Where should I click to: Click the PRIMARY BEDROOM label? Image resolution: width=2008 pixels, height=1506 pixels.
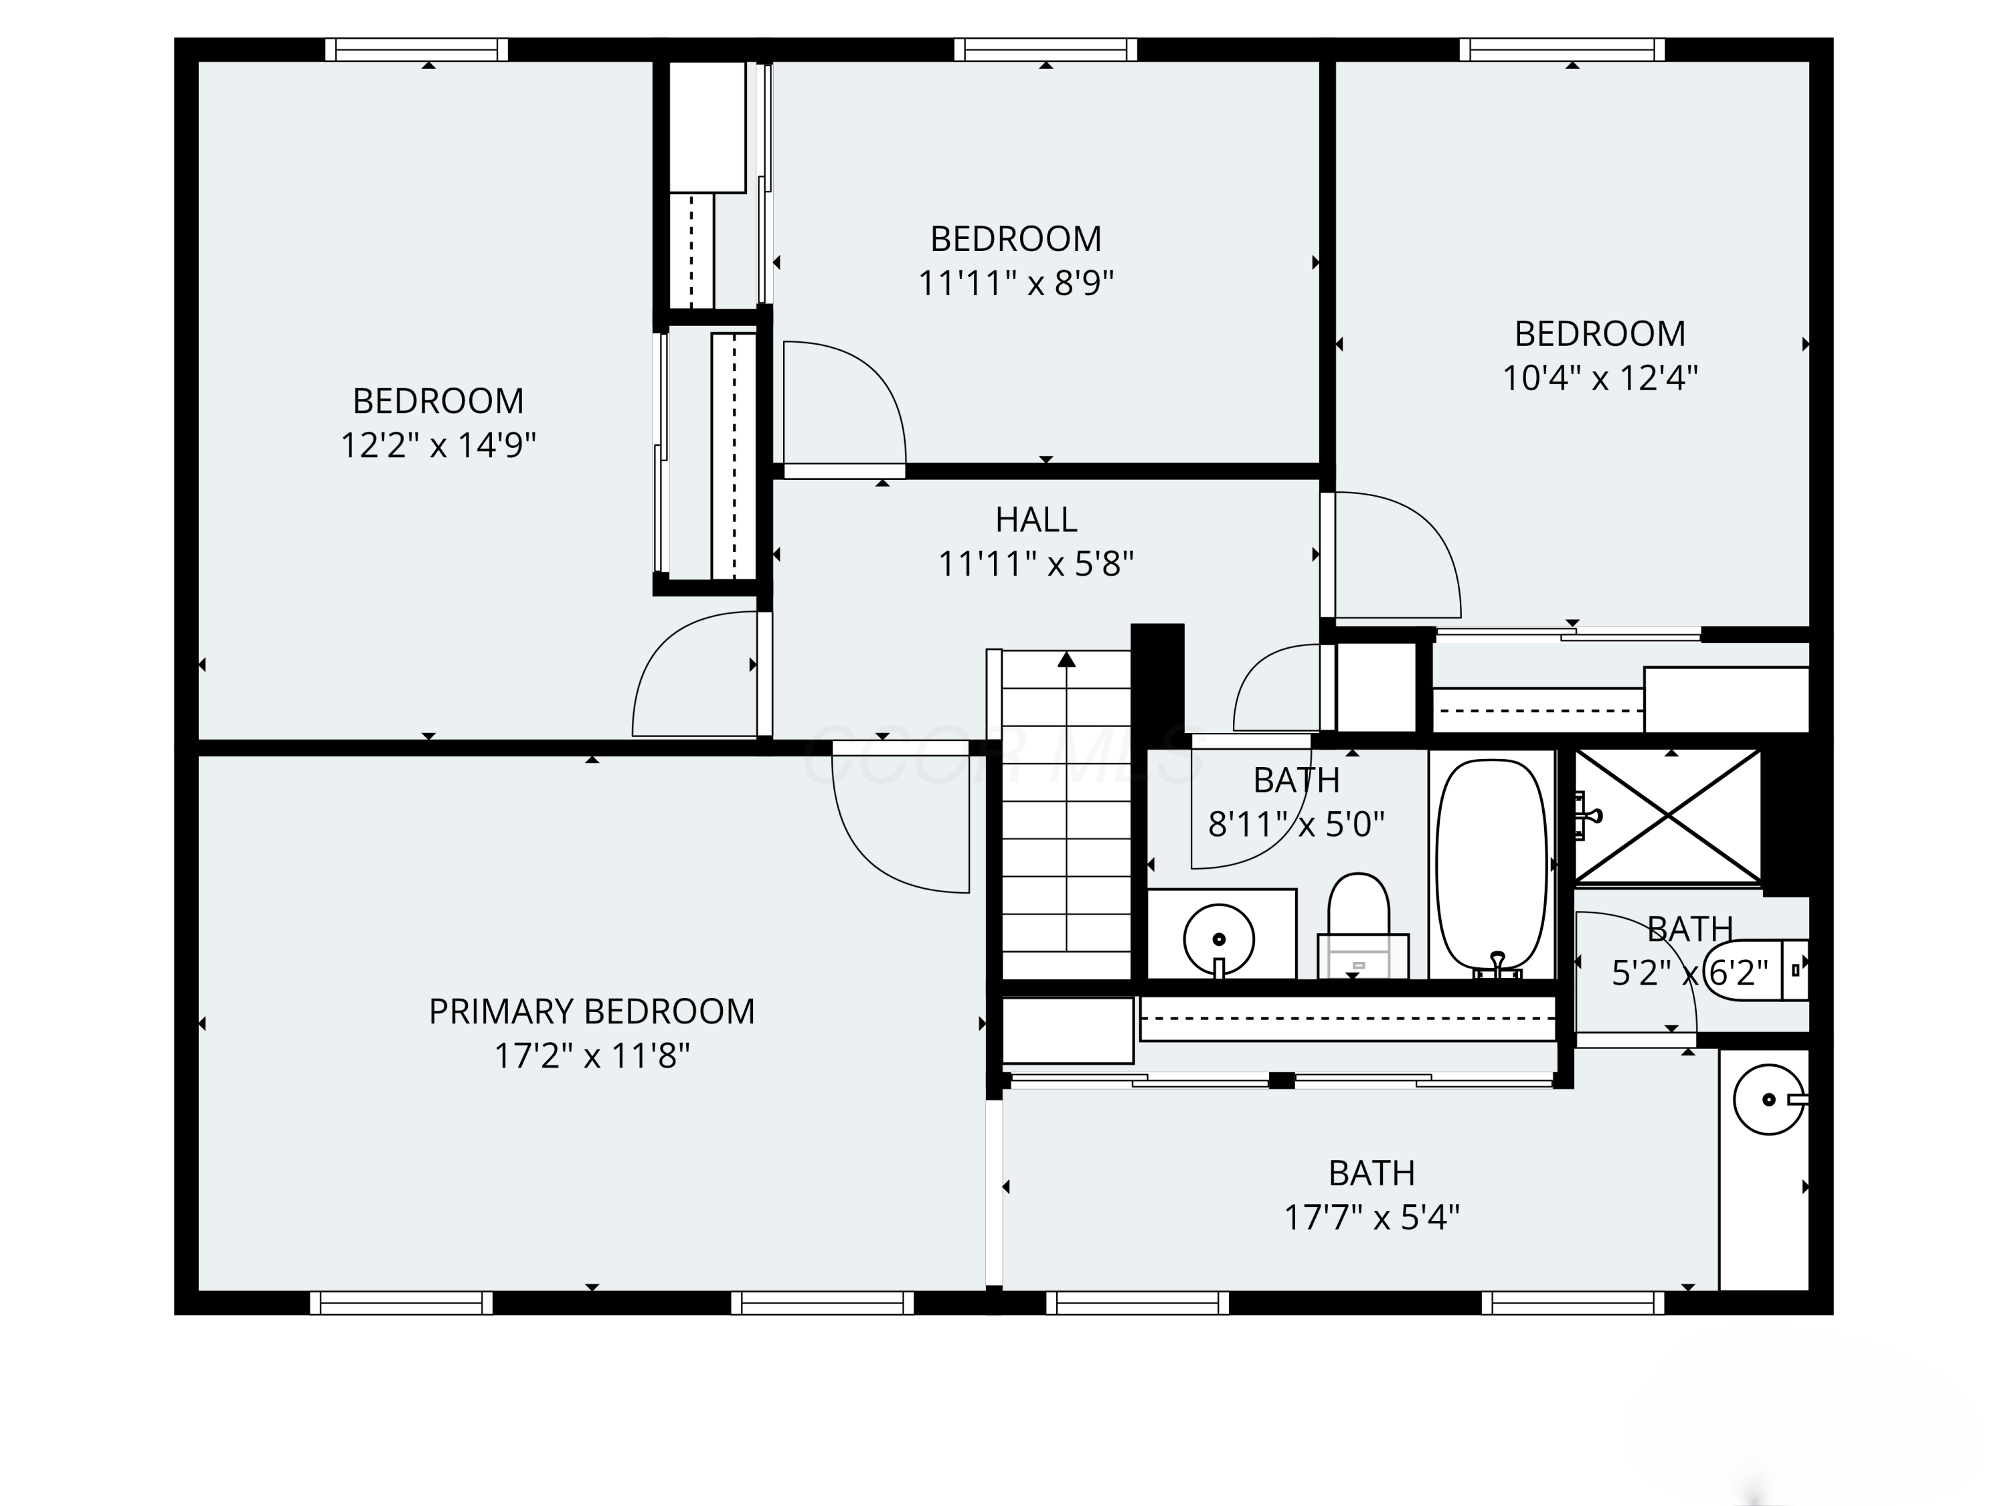pos(591,1011)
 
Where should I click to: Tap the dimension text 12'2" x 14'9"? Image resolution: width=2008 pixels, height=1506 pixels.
pos(438,446)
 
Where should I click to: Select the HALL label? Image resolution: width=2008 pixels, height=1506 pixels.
pos(1035,520)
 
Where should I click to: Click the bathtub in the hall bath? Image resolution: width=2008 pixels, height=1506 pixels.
pos(1491,865)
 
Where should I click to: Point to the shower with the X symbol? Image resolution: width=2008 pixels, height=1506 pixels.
pos(1667,815)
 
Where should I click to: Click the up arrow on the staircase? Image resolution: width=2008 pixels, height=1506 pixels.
pos(1067,660)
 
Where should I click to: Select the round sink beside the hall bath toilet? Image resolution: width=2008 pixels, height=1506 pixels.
pos(1218,940)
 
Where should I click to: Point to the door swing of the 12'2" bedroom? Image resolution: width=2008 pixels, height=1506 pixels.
pos(695,673)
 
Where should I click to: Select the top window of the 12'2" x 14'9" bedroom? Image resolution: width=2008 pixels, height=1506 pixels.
pos(417,50)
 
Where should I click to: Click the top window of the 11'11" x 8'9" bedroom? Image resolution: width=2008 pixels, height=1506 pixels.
pos(1045,50)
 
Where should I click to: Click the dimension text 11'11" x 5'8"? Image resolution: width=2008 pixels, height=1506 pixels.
pos(1035,565)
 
